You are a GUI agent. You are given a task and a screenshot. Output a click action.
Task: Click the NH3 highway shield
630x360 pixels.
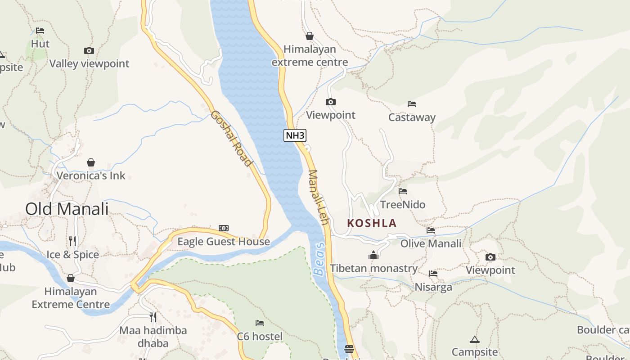(295, 135)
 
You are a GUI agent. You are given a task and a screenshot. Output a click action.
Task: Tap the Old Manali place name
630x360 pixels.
(67, 209)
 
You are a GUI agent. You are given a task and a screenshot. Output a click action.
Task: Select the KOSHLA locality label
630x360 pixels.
(372, 223)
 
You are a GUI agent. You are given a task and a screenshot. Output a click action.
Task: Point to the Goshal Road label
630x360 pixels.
(230, 138)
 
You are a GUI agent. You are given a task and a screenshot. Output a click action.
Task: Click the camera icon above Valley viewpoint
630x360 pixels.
(89, 51)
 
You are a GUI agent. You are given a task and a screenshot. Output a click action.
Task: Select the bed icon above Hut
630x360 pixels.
(40, 31)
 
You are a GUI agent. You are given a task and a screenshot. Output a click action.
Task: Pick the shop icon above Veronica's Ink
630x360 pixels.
(91, 162)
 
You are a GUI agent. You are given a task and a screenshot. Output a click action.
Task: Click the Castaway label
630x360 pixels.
(412, 117)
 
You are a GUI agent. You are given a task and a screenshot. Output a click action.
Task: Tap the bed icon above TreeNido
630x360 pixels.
(403, 191)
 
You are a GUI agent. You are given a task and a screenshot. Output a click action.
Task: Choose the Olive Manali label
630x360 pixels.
(431, 243)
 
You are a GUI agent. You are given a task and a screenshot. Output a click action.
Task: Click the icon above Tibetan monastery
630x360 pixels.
(373, 256)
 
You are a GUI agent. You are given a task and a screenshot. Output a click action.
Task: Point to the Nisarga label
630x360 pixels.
(433, 287)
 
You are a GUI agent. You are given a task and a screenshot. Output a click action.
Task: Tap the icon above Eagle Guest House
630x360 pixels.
(224, 228)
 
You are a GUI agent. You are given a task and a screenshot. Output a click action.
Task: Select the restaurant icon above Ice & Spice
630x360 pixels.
(72, 241)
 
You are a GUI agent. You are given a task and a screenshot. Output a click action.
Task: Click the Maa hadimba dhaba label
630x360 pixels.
(153, 337)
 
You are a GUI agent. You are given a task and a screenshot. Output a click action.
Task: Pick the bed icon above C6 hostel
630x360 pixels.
(260, 323)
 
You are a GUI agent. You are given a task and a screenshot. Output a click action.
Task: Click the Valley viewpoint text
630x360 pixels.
(89, 64)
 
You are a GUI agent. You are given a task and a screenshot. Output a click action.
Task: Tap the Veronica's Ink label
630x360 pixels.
(90, 175)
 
